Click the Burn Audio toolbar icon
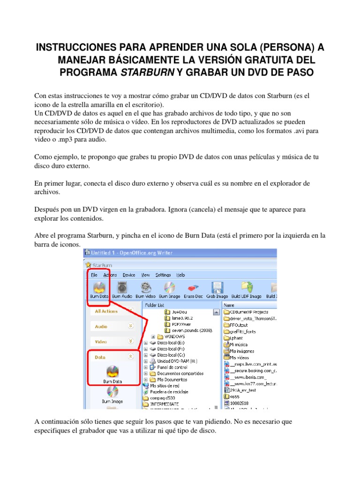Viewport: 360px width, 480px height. (122, 287)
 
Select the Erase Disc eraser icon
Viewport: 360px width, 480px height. (193, 287)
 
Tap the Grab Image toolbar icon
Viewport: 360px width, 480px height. (216, 287)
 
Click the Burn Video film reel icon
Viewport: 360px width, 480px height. (146, 287)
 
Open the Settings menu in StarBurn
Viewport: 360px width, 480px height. (163, 275)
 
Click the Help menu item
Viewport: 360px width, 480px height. (180, 275)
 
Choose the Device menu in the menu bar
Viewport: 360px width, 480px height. (129, 275)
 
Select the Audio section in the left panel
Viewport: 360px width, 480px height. (101, 326)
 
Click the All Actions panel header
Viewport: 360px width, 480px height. (106, 311)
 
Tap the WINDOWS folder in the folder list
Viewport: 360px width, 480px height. (174, 337)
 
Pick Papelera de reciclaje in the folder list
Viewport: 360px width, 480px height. (169, 392)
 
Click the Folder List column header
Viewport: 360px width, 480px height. (156, 305)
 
